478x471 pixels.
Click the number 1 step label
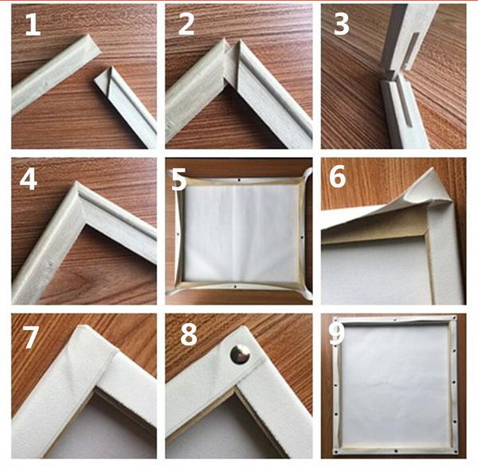[32, 25]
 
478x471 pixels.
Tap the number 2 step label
[186, 25]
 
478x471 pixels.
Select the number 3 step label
[341, 25]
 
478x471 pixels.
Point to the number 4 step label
[29, 179]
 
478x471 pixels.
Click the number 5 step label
[179, 180]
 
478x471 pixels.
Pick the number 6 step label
[337, 178]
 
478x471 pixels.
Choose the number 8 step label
[188, 335]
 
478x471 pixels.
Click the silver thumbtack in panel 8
[239, 354]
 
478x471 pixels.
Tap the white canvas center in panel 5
[237, 231]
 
